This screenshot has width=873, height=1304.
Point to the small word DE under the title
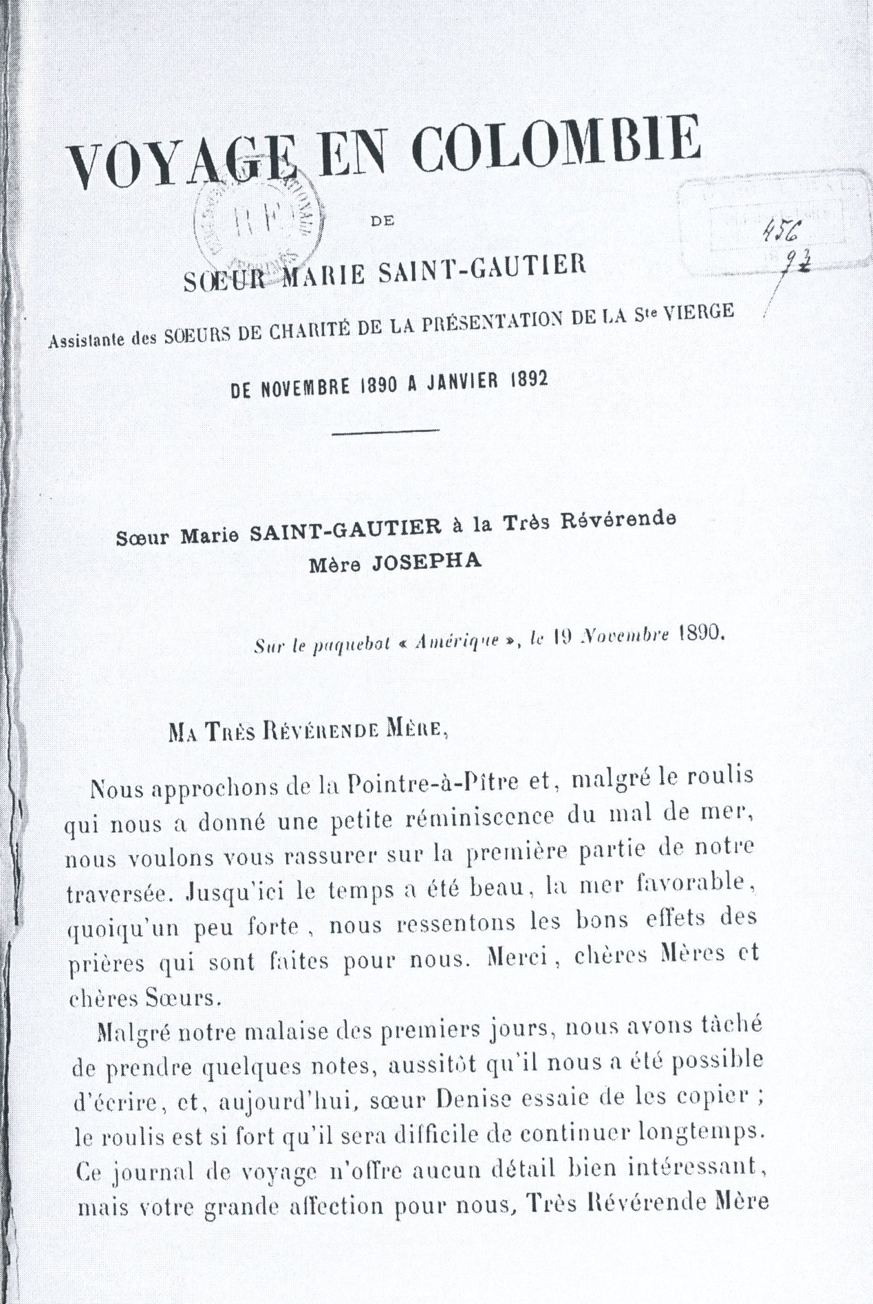379,222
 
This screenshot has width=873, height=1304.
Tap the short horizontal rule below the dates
386,431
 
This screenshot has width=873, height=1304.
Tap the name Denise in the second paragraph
473,1099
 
